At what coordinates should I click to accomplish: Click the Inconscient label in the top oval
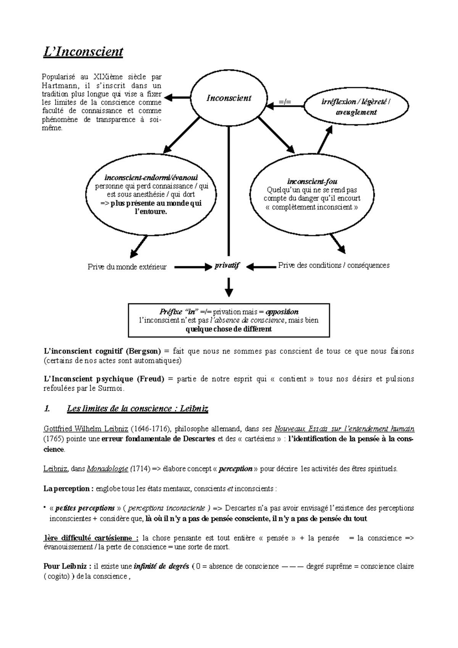[229, 98]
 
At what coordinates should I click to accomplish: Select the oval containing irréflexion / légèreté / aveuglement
[356, 107]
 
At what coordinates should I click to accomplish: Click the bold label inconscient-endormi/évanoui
[151, 178]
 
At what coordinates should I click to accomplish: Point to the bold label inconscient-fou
[312, 181]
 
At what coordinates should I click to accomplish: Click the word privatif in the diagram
[227, 266]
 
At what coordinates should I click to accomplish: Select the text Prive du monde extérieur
[127, 267]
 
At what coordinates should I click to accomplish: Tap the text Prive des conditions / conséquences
[334, 265]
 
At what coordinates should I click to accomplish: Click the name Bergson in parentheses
[143, 351]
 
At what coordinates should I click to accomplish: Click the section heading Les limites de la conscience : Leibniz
[137, 409]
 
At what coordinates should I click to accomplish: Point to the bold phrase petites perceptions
[85, 508]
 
